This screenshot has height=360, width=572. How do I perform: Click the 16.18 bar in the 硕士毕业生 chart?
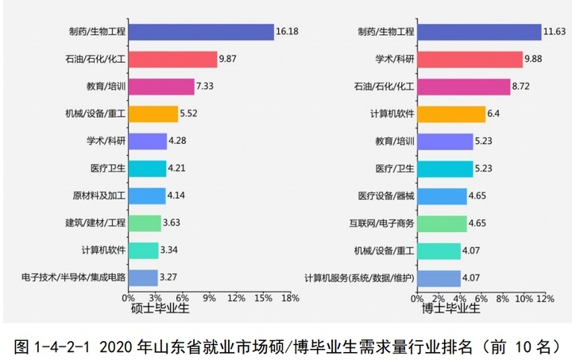tap(201, 32)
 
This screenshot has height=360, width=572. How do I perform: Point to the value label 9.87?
tap(230, 59)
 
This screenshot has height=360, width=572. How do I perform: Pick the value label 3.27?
tap(169, 277)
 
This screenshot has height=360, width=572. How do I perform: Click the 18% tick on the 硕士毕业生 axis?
tap(290, 298)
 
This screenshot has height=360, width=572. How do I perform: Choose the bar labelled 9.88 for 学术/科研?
tap(470, 59)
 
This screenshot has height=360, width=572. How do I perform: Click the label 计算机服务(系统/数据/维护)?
tap(360, 277)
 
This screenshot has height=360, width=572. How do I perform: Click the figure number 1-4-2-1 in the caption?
tap(63, 346)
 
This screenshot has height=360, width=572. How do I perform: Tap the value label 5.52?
tap(188, 114)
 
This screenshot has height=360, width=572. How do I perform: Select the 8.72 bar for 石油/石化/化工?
tap(463, 87)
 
